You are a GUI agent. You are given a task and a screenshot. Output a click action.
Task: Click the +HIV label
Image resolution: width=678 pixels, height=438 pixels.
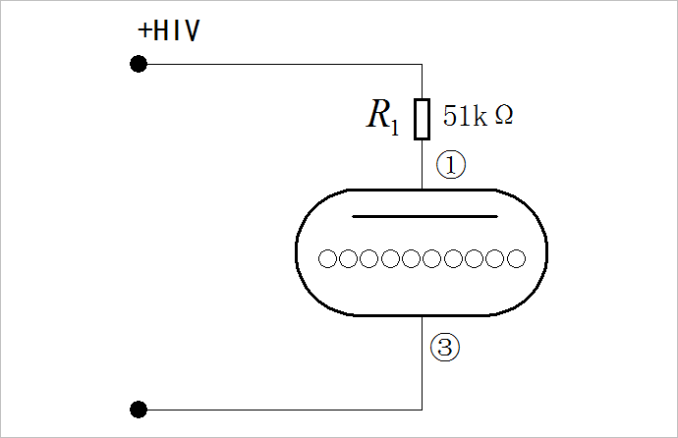coord(169,31)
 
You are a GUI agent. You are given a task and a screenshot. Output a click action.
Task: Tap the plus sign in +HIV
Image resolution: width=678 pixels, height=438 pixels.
coord(144,31)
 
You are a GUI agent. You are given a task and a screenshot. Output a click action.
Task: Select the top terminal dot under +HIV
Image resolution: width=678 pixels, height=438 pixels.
coord(139,65)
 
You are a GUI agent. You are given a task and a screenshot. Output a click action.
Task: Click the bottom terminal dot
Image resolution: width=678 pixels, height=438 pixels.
coord(139,409)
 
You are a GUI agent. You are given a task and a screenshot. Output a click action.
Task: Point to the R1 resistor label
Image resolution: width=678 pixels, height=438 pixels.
coord(382,117)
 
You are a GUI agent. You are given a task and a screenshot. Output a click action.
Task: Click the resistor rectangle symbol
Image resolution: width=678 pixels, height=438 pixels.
coord(423,119)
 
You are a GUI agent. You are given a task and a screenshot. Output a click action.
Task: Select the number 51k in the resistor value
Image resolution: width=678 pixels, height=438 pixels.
coord(465,116)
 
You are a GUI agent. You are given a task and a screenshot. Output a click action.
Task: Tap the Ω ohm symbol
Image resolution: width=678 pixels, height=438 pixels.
coord(503,116)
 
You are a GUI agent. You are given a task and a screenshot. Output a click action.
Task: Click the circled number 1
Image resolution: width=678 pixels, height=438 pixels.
coord(450,165)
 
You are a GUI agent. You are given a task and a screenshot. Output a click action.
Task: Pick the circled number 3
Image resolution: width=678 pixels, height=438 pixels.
coord(445,346)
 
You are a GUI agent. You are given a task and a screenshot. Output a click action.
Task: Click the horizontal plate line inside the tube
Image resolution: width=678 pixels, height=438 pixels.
coord(424,214)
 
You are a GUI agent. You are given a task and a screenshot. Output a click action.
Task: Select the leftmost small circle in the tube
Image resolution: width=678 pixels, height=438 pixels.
coord(328,259)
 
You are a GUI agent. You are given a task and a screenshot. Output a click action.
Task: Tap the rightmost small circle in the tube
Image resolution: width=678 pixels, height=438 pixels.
coord(516,259)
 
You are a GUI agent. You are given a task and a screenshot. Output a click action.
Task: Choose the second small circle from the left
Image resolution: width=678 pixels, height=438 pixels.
coord(349,259)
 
